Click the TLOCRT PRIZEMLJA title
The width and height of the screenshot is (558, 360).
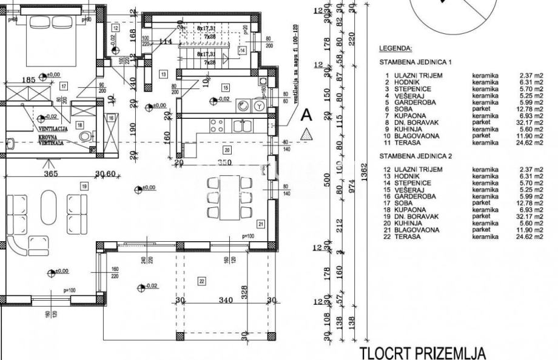[423, 353]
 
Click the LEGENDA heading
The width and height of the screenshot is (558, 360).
[395, 48]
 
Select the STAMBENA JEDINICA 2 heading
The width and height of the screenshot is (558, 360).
[415, 156]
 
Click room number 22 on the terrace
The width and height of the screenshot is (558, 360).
[202, 280]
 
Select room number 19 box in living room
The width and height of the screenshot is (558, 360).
[84, 185]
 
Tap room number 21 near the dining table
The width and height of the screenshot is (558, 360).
[260, 224]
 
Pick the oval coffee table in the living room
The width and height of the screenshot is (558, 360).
[49, 207]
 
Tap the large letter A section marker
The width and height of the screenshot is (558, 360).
[307, 114]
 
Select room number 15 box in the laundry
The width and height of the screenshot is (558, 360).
[224, 88]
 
